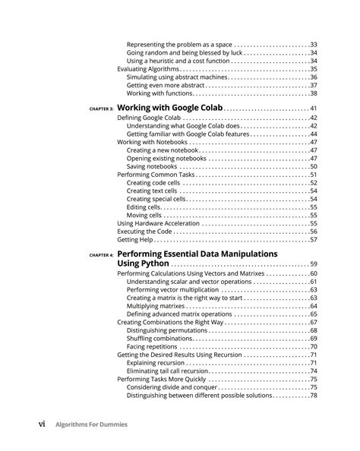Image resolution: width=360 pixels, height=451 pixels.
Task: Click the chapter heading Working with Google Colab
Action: click(170, 109)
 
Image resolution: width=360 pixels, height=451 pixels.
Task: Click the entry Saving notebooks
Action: click(152, 166)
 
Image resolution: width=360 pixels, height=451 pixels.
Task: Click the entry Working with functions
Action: click(158, 93)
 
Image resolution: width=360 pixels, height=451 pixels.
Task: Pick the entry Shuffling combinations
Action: click(159, 338)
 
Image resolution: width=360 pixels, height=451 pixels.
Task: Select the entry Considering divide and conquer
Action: click(170, 386)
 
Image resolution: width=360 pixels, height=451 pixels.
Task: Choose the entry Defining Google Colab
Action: click(149, 118)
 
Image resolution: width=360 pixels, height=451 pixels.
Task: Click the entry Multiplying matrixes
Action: click(155, 305)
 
